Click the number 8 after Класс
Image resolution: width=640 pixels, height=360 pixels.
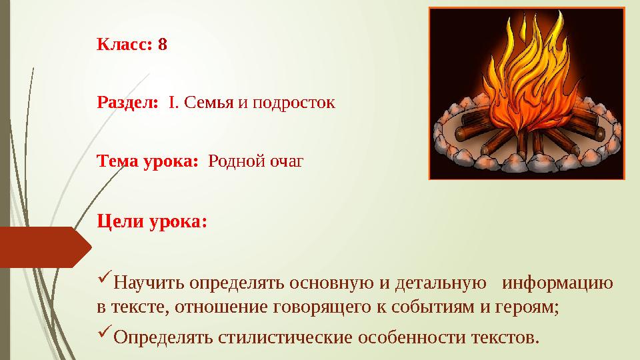pos(163,45)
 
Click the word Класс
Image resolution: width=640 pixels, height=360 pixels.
pos(125,45)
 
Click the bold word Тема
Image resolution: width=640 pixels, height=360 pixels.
pos(117,161)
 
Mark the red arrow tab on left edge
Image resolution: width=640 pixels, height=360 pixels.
pos(43,247)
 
